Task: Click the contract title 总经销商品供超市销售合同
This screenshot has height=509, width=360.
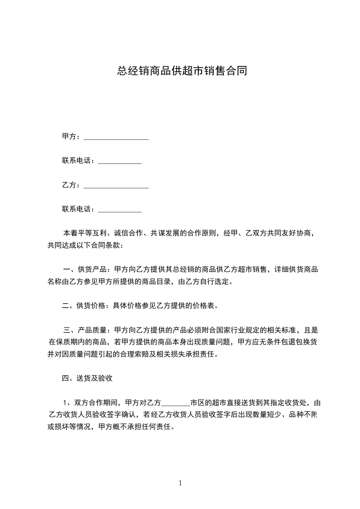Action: [182, 71]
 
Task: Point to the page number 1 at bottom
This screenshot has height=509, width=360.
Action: [180, 483]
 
